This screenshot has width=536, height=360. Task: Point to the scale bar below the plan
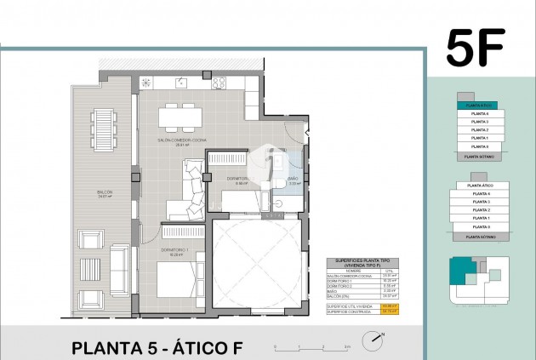pos(311,346)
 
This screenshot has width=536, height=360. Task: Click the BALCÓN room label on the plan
pos(105,192)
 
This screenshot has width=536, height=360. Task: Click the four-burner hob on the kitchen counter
pos(218,83)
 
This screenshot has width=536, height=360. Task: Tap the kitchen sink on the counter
pos(181,83)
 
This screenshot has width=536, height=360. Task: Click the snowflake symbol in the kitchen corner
pos(145,83)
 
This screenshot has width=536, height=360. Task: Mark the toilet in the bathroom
pos(279,186)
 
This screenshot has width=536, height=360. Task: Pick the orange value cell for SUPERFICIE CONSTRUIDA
pos(391,311)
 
